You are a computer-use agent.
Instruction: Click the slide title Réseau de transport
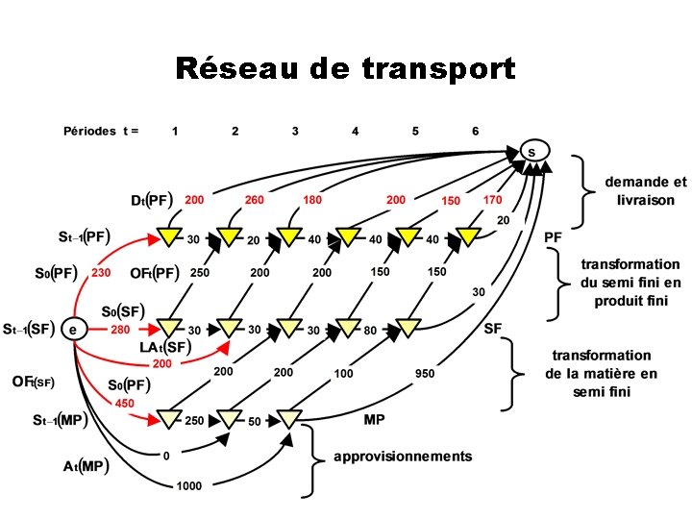pos(345,69)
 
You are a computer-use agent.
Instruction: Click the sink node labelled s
pos(531,152)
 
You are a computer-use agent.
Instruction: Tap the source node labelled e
pos(73,329)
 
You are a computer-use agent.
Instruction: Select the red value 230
pos(100,272)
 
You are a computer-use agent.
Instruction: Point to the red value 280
pos(120,330)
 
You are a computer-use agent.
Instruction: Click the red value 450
pos(125,404)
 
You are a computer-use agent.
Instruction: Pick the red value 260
pos(255,200)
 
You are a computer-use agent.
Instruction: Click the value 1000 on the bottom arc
pos(188,486)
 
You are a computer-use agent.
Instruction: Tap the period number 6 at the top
pos(475,130)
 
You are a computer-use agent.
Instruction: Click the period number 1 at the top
pos(174,130)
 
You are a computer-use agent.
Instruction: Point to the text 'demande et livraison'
pos(645,191)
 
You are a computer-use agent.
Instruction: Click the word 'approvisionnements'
pos(403,456)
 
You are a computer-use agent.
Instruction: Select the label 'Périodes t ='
pos(101,130)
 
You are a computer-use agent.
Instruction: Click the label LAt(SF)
pos(162,347)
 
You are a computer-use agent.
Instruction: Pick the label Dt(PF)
pos(151,200)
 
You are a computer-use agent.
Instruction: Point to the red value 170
pos(492,200)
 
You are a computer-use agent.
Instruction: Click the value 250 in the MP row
pos(195,420)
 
